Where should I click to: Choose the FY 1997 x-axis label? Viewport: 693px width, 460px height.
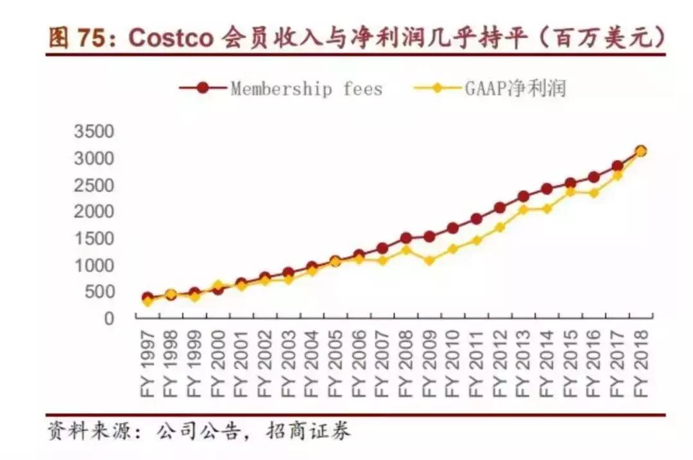[x=148, y=363]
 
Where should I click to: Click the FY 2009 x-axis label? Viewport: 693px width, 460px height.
[x=429, y=363]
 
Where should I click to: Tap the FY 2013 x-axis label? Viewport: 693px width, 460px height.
[x=523, y=363]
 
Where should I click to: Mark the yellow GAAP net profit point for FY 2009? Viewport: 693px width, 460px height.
[x=429, y=261]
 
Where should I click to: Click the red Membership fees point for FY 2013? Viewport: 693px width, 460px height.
[x=523, y=196]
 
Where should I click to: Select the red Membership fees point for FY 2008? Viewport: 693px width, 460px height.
[x=406, y=238]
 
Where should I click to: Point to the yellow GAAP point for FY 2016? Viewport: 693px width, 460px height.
[x=594, y=193]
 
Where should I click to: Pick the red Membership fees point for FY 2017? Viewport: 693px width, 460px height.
[x=617, y=166]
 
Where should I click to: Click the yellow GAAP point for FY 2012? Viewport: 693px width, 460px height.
[x=500, y=227]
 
